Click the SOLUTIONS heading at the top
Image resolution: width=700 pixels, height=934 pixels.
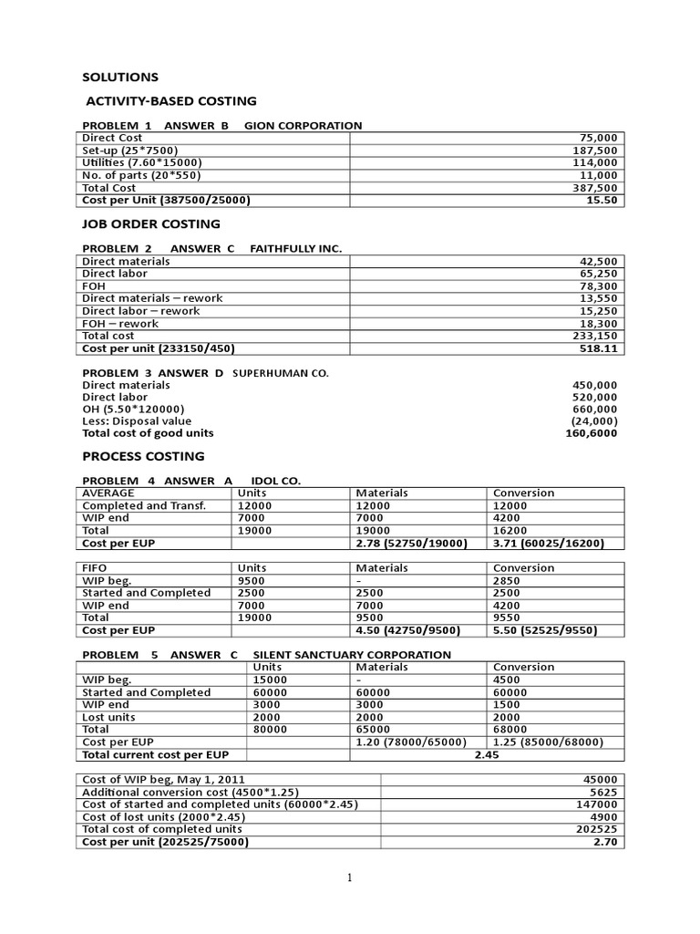[120, 77]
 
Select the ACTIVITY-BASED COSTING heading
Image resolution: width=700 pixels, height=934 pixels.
[170, 101]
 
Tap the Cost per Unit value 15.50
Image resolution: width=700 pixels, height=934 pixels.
[602, 200]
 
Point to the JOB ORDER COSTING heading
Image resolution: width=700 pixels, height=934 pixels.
[151, 223]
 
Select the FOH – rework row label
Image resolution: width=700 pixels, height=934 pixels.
[120, 323]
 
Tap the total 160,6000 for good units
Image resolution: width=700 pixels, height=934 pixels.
[591, 433]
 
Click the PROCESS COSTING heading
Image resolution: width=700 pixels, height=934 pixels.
[143, 456]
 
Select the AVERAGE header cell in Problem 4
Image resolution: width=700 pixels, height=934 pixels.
[108, 493]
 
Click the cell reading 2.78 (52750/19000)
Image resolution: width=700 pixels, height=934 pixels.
[411, 543]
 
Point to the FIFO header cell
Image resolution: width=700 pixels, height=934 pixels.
[95, 567]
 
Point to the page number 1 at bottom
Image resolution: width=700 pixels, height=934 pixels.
[350, 877]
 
